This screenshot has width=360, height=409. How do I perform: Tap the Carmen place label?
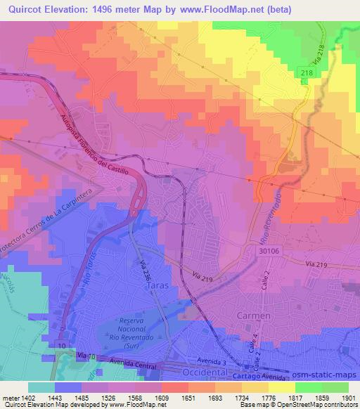[253, 316]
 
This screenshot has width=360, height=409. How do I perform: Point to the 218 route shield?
[306, 73]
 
